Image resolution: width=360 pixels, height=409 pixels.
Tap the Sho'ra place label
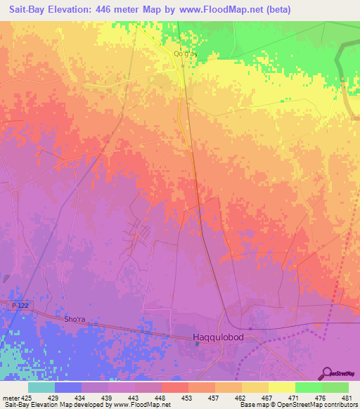pyautogui.click(x=75, y=320)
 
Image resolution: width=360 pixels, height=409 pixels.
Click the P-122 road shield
pyautogui.click(x=21, y=305)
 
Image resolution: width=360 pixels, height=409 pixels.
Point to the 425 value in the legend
pyautogui.click(x=27, y=398)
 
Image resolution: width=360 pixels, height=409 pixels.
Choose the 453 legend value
pyautogui.click(x=188, y=398)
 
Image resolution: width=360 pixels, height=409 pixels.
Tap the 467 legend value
pyautogui.click(x=268, y=398)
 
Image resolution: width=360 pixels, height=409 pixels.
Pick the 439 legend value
pyautogui.click(x=108, y=398)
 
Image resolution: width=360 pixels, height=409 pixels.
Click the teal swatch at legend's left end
pyautogui.click(x=41, y=387)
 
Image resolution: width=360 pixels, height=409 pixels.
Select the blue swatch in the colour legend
pyautogui.click(x=67, y=387)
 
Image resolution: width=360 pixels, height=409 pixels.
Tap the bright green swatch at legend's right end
pyautogui.click(x=335, y=387)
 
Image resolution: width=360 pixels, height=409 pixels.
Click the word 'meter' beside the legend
pyautogui.click(x=11, y=398)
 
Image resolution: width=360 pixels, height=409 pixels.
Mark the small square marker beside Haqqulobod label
pyautogui.click(x=198, y=344)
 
